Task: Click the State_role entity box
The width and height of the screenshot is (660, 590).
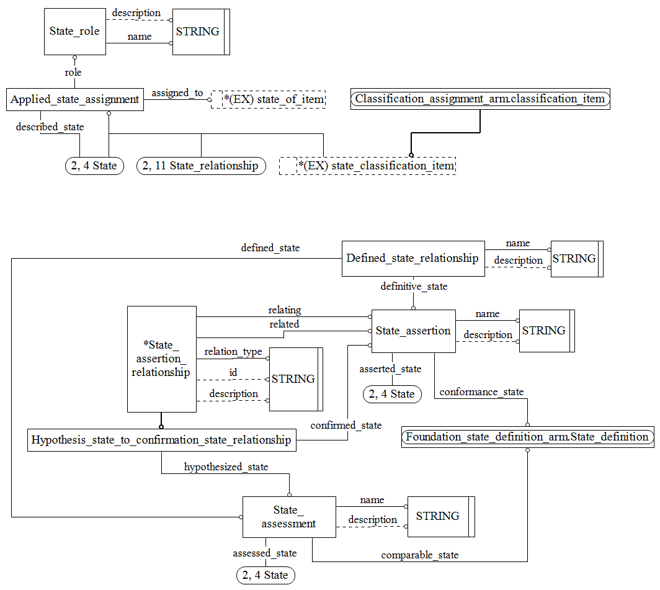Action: (x=74, y=32)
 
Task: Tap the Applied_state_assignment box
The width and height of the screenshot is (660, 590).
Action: (x=75, y=100)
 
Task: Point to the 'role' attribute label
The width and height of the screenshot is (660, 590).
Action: (x=73, y=73)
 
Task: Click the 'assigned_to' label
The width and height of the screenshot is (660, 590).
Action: (x=177, y=93)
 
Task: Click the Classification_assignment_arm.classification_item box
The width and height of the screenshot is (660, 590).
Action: (x=480, y=99)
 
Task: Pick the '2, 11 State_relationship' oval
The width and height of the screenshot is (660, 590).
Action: (x=201, y=166)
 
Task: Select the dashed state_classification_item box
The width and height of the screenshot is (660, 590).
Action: (x=367, y=166)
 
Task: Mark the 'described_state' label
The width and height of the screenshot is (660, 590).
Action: (x=50, y=127)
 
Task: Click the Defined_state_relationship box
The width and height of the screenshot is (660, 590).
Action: (x=413, y=258)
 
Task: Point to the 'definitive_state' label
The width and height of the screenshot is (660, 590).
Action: (x=413, y=287)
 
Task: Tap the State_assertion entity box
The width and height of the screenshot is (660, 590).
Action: (x=413, y=331)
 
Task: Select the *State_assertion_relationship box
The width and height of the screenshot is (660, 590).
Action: (x=161, y=359)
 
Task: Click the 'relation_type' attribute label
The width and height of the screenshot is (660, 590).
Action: (x=233, y=352)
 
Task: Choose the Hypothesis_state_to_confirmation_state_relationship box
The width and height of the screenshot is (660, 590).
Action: (x=161, y=440)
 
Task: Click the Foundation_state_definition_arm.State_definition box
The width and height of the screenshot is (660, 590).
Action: (x=527, y=437)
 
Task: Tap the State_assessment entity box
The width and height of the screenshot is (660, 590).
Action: (x=288, y=517)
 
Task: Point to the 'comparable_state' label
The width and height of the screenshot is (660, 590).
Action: (x=419, y=555)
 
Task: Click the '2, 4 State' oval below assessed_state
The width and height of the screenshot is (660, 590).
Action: (x=265, y=575)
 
